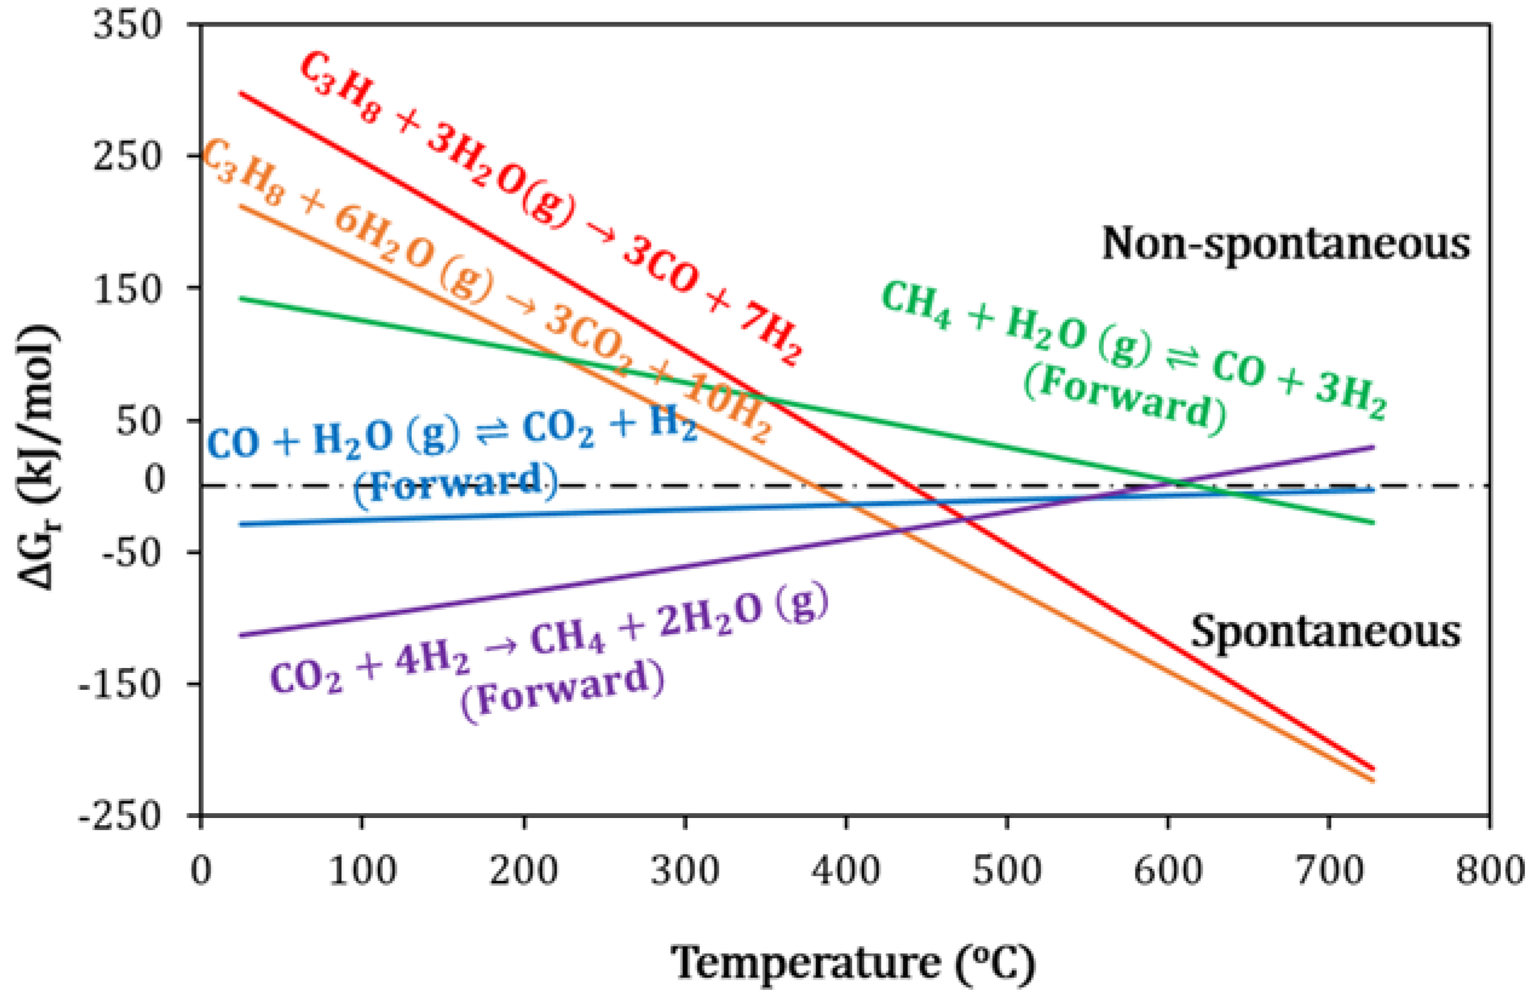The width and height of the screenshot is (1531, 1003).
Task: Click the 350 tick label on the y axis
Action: (128, 27)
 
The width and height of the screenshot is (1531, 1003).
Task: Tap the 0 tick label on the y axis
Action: (154, 479)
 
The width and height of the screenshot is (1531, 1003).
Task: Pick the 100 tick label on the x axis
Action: (362, 872)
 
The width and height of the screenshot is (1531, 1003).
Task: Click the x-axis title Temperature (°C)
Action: (853, 963)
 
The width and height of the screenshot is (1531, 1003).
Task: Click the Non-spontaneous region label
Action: (1287, 244)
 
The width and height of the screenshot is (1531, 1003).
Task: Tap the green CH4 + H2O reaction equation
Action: (1132, 351)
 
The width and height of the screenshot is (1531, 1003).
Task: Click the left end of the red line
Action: (241, 93)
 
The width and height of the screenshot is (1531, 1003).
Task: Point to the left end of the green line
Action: (241, 298)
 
